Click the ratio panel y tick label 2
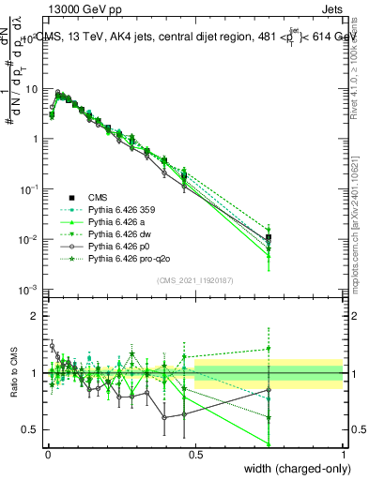pos(35,316)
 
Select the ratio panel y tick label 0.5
pos(31,430)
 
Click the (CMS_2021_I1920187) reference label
pos(196,280)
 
